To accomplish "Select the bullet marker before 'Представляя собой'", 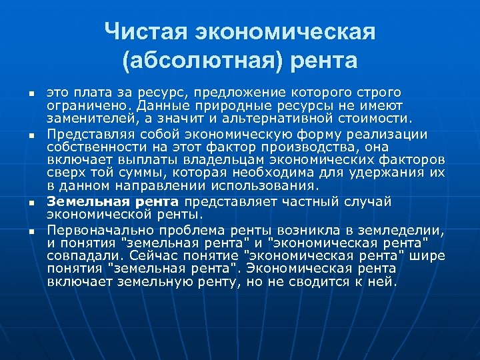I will pyautogui.click(x=31, y=136).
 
